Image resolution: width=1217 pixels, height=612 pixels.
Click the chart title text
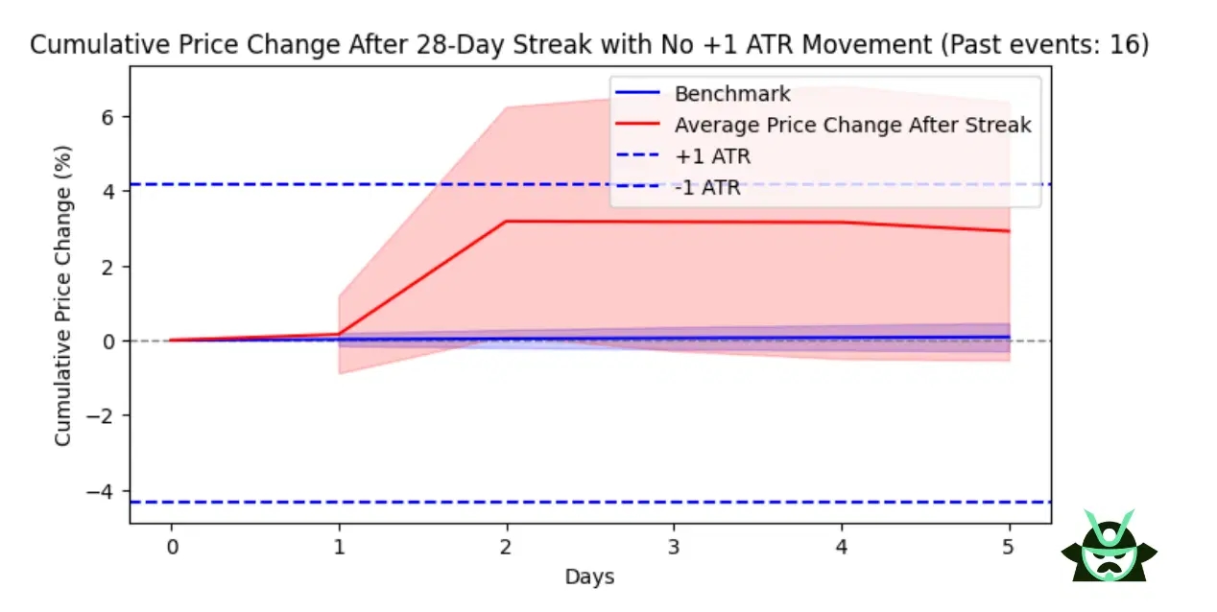(589, 45)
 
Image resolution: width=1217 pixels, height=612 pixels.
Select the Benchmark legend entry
(731, 94)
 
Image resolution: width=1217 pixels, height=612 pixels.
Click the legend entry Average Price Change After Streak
(852, 126)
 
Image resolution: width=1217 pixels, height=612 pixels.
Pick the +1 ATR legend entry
(712, 156)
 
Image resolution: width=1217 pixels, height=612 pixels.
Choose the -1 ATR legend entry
(707, 188)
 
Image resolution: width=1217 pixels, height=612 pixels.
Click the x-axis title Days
(589, 577)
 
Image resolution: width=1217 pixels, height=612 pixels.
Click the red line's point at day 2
(506, 222)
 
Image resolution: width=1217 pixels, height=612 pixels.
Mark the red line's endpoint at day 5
(1009, 231)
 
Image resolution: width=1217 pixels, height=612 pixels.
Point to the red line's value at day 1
(339, 334)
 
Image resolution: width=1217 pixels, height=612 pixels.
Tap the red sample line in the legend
(640, 126)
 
